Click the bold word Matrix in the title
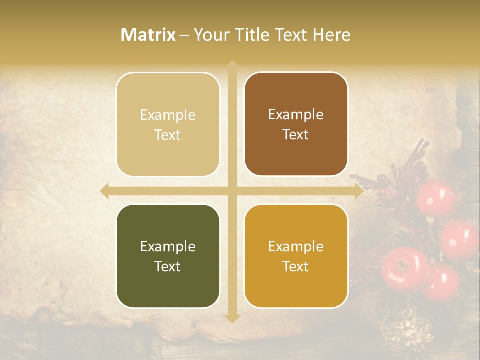[148, 35]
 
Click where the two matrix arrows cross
[232, 191]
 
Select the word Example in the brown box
[296, 115]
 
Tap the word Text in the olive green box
[168, 266]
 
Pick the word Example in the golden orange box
[296, 246]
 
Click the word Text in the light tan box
[168, 135]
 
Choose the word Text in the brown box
[296, 134]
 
